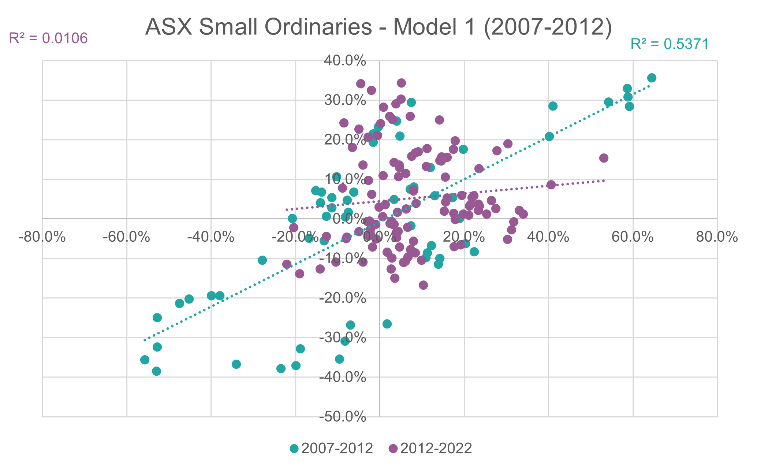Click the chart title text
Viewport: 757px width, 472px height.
pos(378,28)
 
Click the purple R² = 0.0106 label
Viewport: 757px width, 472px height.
pos(48,38)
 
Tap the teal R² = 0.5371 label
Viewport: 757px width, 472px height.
pos(670,44)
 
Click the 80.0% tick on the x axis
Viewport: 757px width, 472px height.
pos(716,237)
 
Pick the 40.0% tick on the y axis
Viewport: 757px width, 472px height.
pos(345,61)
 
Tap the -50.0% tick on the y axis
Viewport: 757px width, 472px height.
pos(343,417)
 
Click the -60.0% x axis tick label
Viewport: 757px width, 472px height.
pos(127,237)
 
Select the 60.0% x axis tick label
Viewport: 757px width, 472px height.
pos(632,237)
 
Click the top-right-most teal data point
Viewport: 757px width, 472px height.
pos(652,78)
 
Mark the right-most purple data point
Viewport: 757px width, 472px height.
pos(604,158)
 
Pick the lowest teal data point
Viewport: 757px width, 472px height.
pos(157,371)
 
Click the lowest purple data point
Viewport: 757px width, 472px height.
pos(423,285)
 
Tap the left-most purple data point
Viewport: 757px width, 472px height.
pos(287,264)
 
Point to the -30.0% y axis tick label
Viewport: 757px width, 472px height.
pos(343,338)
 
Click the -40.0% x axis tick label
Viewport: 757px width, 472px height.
pos(211,237)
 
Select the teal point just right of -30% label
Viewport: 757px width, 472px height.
pos(387,324)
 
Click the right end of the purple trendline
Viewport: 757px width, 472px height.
pos(604,181)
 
